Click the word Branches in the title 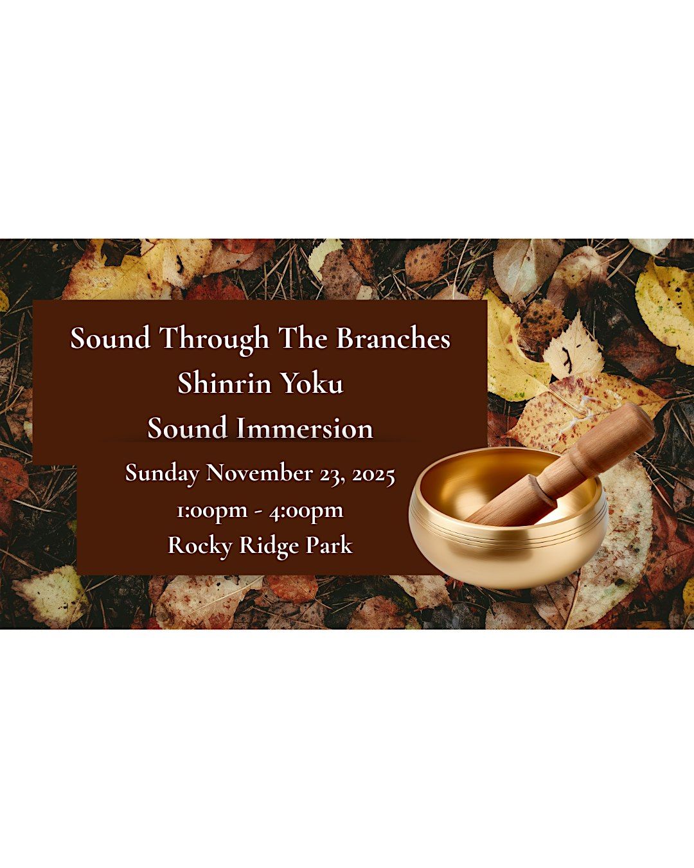click(393, 338)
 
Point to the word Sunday click(162, 473)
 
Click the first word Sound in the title click(110, 338)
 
